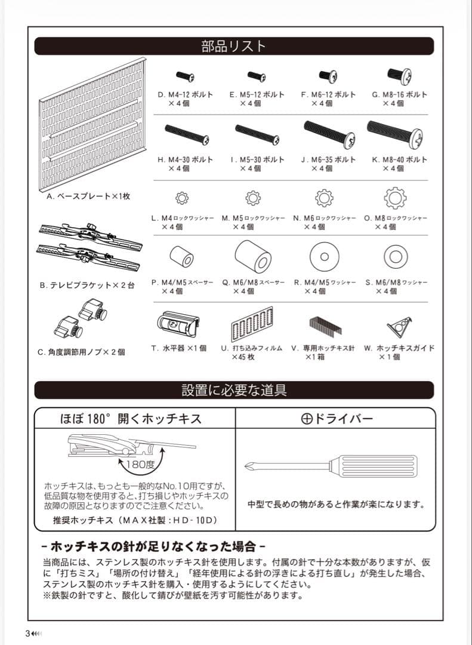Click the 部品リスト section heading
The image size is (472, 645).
pos(234,46)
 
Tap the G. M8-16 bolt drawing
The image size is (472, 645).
pos(396,75)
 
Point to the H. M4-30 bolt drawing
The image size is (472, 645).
pos(185,134)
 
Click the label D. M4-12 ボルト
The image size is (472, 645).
pos(185,94)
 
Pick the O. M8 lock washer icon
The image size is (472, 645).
pos(395,197)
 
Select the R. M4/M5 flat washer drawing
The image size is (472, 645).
pos(324,257)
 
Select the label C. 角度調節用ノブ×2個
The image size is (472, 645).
pos(82,352)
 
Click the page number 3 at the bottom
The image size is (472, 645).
pos(27,633)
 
